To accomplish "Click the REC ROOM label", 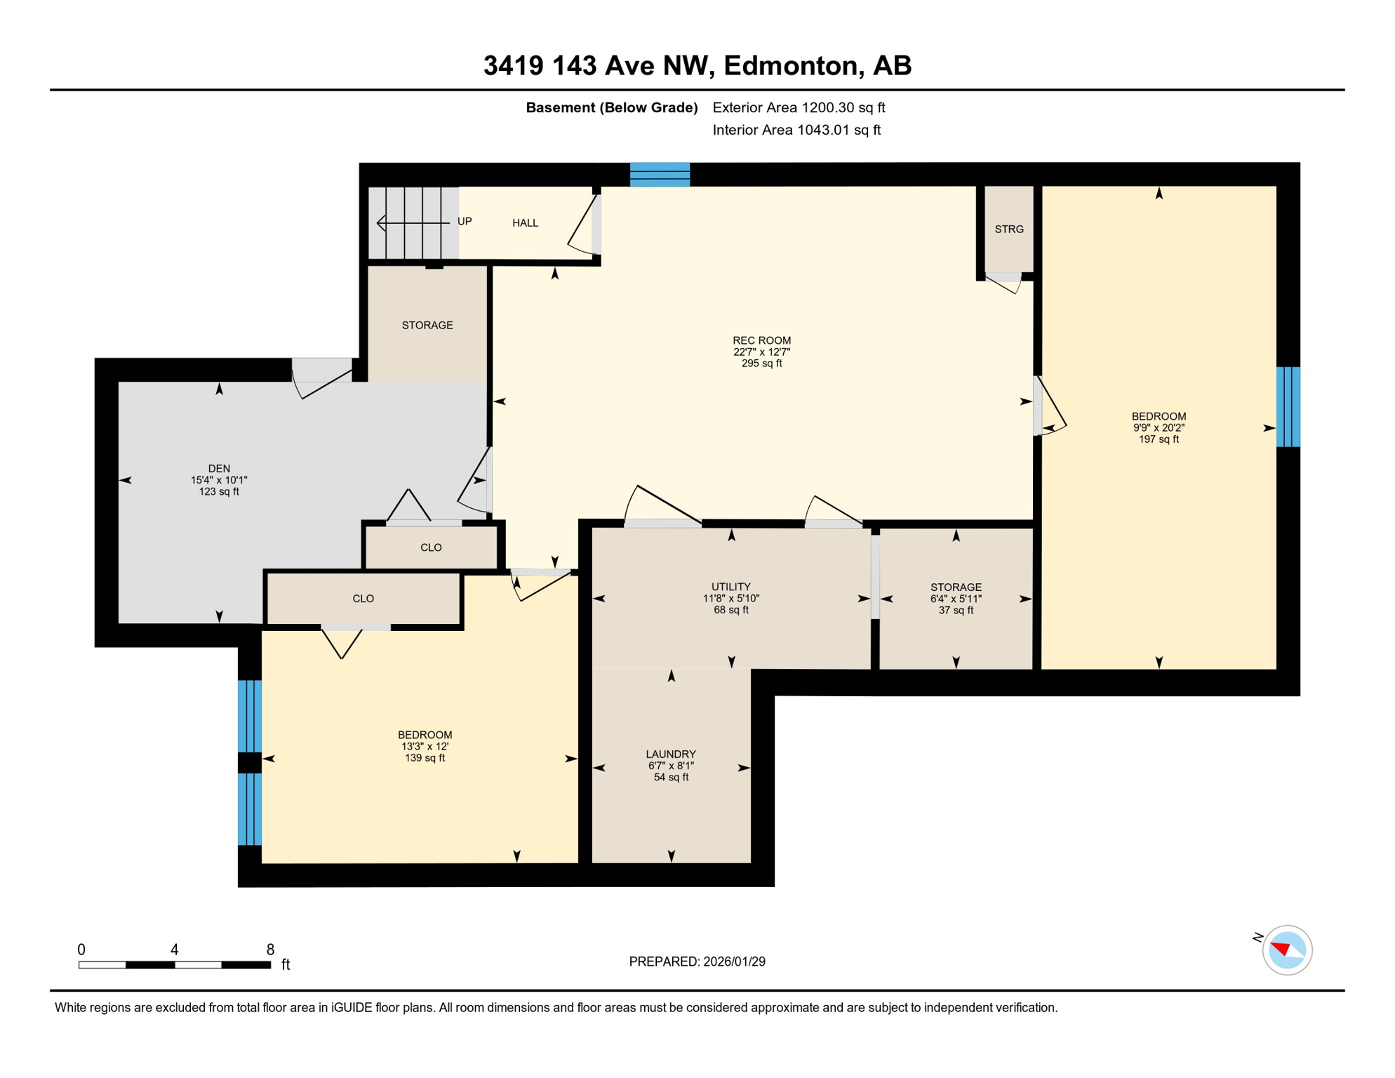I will point(761,340).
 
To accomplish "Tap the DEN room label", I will point(219,468).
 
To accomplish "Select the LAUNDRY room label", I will point(671,754).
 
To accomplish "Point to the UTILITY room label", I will point(731,587).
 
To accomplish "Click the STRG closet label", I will point(1009,229).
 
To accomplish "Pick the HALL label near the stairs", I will point(525,222).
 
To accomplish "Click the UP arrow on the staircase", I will point(414,222).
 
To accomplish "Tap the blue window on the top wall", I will point(660,174).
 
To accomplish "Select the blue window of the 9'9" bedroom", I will point(1287,406).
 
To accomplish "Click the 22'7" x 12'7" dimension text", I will point(761,352).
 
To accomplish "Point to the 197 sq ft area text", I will point(1159,439).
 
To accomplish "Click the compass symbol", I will point(1287,950).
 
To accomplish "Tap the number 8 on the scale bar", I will point(270,950).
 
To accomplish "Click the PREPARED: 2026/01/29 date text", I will point(697,961).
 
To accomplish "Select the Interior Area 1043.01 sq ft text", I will point(796,130).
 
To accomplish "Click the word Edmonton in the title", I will point(792,65).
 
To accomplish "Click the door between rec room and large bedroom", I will point(1049,407).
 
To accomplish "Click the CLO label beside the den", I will point(431,547).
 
